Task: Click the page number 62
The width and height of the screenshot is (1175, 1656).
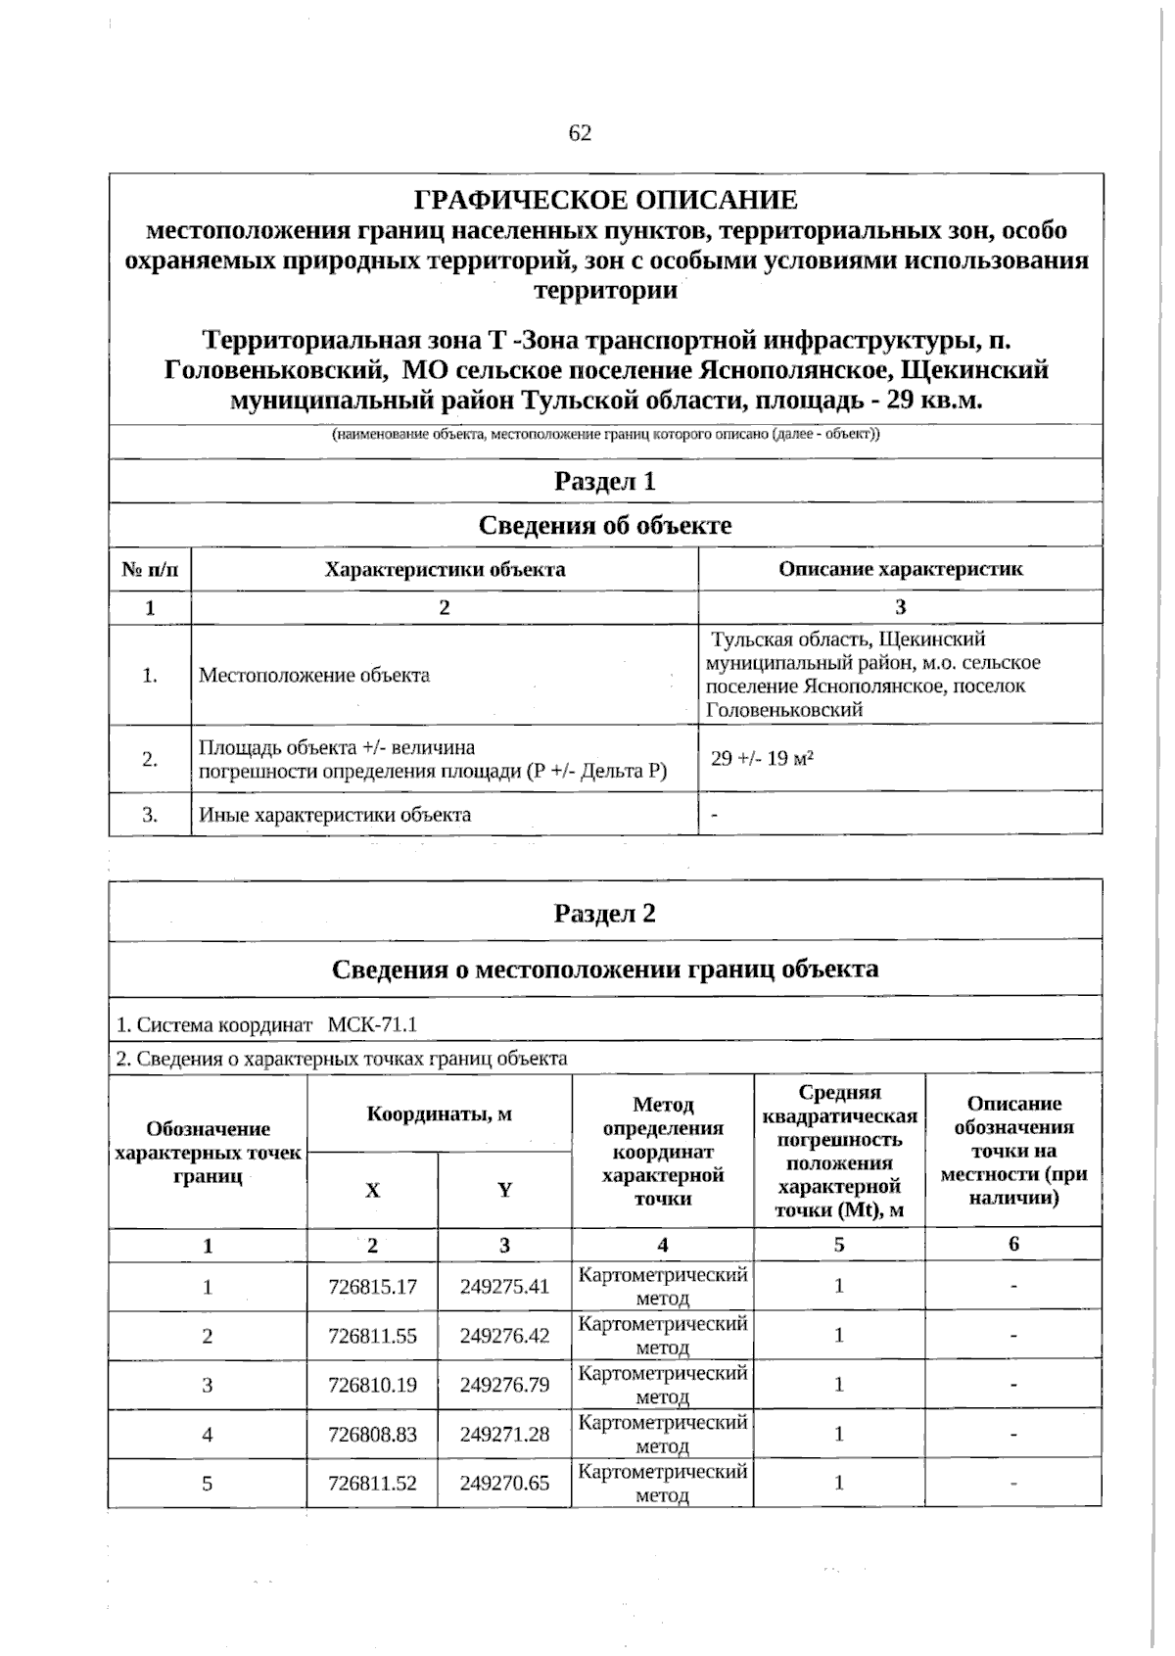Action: pos(580,133)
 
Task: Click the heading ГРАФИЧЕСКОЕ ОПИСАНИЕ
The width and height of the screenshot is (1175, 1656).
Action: pos(606,201)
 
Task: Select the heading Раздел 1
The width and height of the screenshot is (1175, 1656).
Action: pos(605,481)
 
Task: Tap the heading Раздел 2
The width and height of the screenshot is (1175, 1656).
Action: pos(605,913)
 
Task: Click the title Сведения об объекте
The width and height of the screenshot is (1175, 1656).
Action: pos(605,525)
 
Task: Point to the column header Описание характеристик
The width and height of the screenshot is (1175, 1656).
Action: pos(900,569)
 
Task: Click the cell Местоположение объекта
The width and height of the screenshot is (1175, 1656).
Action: pos(314,675)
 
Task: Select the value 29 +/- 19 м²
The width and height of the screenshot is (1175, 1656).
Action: pos(763,758)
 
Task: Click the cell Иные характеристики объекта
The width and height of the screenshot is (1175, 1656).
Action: pos(335,814)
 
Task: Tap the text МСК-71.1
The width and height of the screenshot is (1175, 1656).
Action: pos(372,1024)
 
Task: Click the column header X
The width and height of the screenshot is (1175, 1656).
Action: pos(372,1190)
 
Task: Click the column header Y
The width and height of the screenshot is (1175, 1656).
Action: pos(504,1190)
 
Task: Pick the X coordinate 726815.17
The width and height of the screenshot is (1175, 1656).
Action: pos(373,1287)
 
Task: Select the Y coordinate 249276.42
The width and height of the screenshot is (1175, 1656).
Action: pos(504,1336)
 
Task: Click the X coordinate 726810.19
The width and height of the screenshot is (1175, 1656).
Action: pos(373,1385)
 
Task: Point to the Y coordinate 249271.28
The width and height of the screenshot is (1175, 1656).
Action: pos(504,1434)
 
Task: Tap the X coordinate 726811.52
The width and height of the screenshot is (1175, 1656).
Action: pos(373,1483)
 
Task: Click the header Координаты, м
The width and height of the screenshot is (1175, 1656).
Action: pos(440,1113)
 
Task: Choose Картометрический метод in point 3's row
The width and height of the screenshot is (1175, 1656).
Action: pos(663,1385)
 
